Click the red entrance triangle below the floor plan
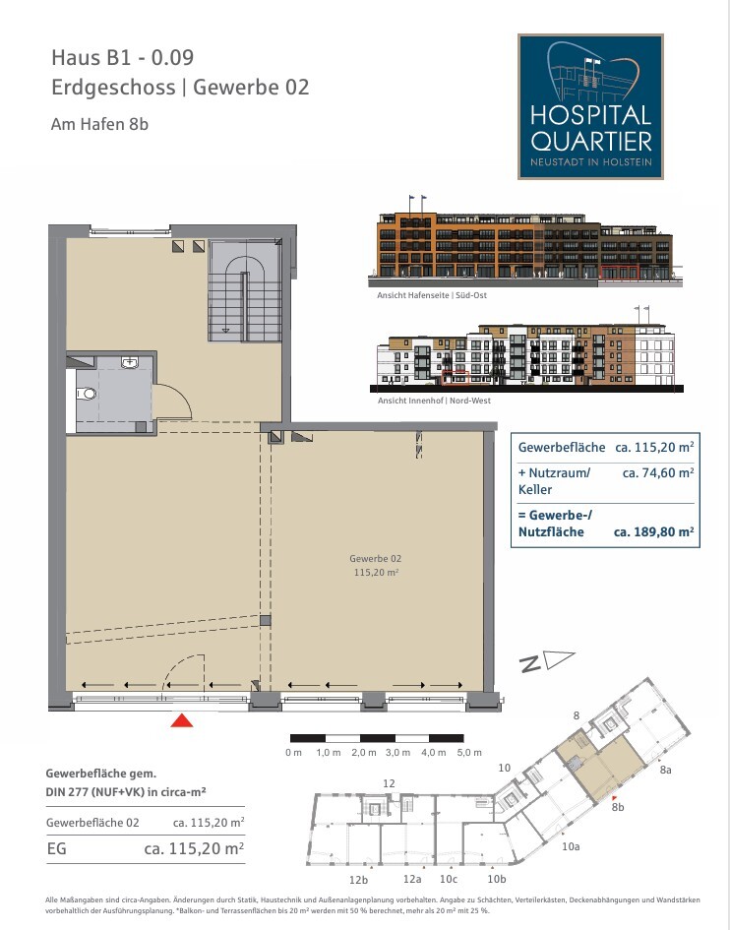182,720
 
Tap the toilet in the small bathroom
87,394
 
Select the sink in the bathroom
129,362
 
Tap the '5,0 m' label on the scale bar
469,752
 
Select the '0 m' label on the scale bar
293,752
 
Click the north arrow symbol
546,660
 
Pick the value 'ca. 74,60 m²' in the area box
657,472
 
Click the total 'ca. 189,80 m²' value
653,531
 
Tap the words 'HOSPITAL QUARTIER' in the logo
591,128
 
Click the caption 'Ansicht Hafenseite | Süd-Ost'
432,295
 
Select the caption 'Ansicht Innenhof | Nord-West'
434,401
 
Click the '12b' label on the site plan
358,880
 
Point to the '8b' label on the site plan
618,807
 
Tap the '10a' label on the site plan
571,846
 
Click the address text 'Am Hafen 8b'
99,124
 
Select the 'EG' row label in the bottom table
56,848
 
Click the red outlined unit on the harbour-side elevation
619,273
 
